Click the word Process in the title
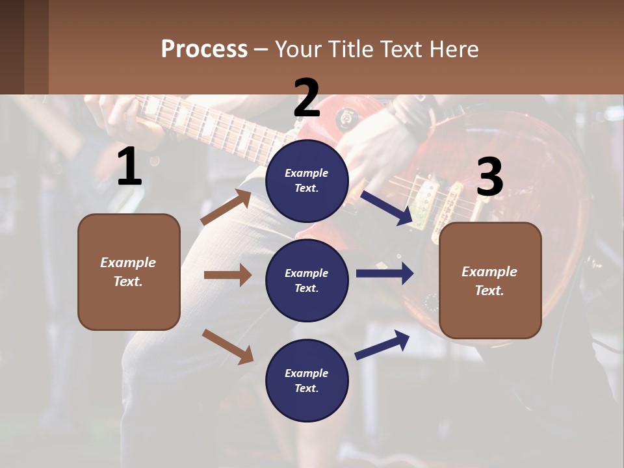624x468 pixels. click(204, 49)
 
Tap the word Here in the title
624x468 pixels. click(454, 49)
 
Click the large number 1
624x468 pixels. click(129, 167)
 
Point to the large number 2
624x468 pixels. click(307, 98)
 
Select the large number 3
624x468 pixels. click(489, 177)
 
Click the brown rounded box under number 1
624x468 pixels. click(129, 272)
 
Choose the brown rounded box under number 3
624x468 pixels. click(490, 280)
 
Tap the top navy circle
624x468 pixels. click(307, 181)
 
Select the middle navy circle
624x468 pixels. click(307, 280)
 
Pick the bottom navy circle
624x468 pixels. click(307, 380)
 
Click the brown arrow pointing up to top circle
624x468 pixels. click(226, 207)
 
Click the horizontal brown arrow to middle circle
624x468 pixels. click(227, 275)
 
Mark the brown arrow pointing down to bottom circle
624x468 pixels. click(227, 346)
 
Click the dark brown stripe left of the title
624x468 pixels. click(24, 47)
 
